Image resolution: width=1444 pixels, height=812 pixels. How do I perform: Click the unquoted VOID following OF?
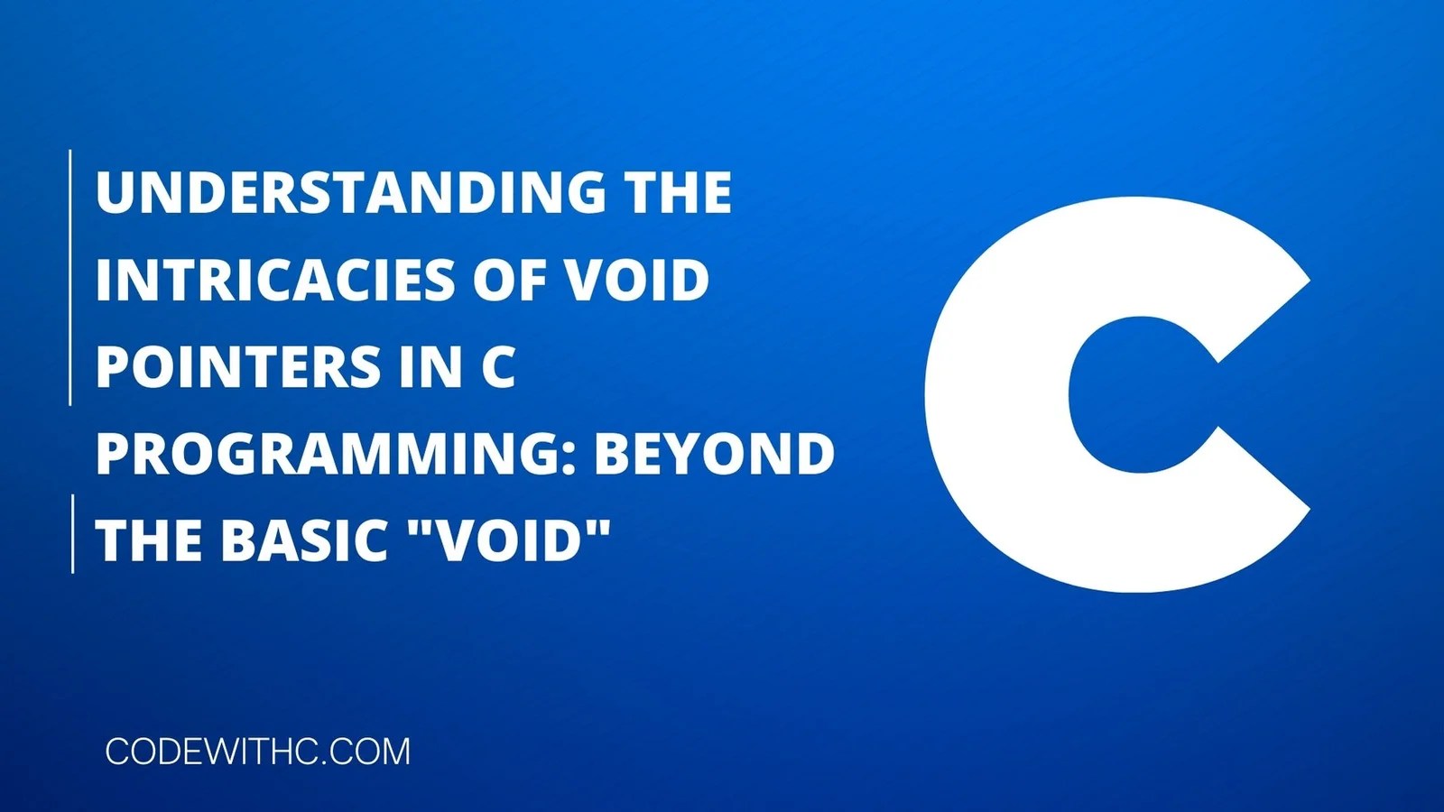636,280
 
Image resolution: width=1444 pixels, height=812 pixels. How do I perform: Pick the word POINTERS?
236,367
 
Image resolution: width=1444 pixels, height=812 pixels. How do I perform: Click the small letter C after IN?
497,367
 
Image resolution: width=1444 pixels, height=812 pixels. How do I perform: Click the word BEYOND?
714,454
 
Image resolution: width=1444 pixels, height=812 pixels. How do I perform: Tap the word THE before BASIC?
150,540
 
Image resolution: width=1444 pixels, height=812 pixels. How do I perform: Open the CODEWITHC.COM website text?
257,752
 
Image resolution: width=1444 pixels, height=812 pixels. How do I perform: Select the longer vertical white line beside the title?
70,278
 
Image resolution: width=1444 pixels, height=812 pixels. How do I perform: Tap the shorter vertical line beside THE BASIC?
72,533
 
